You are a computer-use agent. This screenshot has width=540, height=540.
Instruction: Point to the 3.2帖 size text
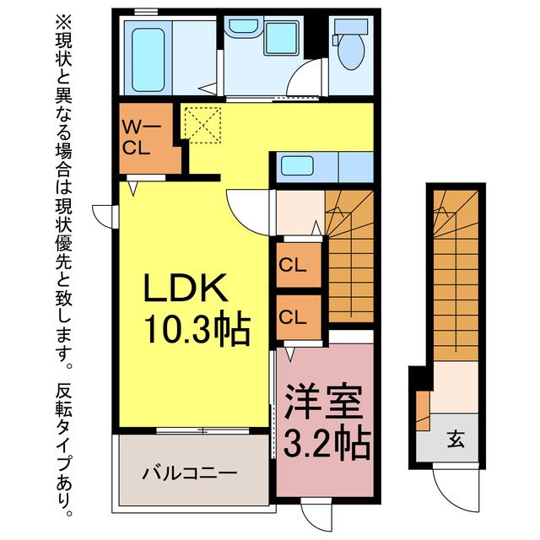(325, 440)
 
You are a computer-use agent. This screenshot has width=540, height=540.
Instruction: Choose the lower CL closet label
(293, 317)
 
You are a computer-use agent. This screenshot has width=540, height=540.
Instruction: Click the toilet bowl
(348, 50)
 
